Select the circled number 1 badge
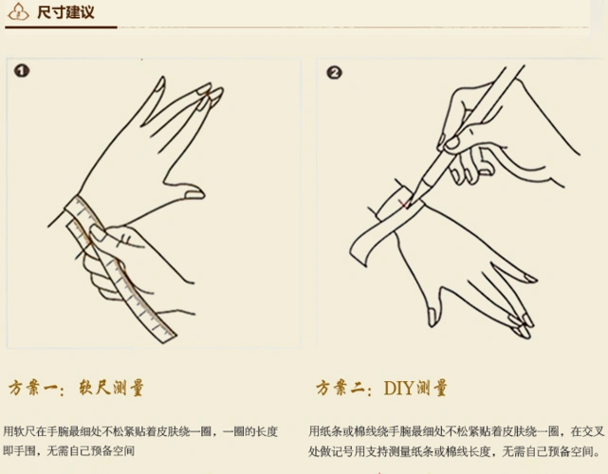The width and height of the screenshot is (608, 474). (x=22, y=71)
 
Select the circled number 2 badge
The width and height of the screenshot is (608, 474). (x=334, y=72)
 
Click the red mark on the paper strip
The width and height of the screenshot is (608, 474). (x=405, y=203)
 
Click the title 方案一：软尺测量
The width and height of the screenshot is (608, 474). (x=77, y=388)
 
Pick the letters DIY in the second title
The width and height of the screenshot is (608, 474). (x=398, y=388)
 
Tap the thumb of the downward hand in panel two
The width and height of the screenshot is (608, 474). (x=432, y=305)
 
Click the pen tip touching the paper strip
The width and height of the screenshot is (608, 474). (x=414, y=196)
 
